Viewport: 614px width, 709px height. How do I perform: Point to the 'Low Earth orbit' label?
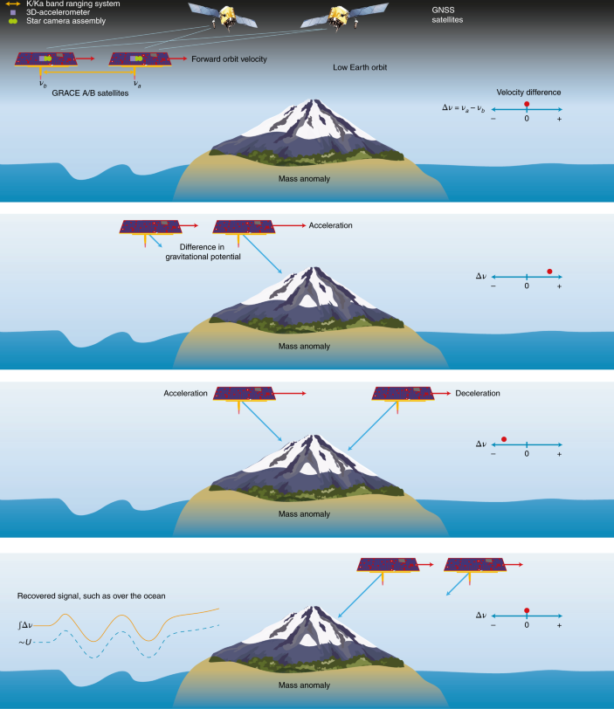pos(360,67)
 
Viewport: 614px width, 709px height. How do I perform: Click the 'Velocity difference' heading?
pos(528,92)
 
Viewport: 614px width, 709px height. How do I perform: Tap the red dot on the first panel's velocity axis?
pos(526,104)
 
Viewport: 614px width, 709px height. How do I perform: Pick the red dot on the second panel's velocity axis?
pos(549,271)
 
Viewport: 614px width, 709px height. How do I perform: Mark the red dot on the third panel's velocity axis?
pos(504,438)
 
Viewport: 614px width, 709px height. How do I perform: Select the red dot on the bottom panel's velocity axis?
pos(526,611)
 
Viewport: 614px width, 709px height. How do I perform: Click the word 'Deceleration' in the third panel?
pos(477,393)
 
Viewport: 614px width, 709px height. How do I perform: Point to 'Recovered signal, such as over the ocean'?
pos(91,596)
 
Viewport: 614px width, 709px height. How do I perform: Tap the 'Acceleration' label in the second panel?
pos(329,225)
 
